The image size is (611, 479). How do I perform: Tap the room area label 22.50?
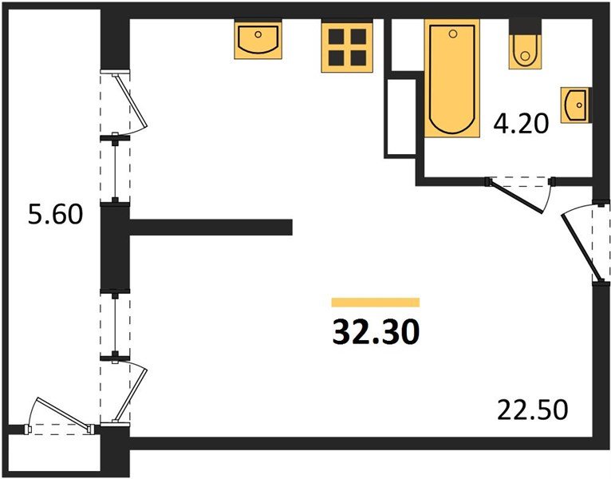pyautogui.click(x=532, y=410)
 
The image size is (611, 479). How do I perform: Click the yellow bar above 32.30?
pyautogui.click(x=375, y=303)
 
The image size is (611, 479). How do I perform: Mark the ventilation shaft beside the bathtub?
pyautogui.click(x=401, y=117)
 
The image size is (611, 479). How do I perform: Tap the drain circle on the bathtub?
pyautogui.click(x=453, y=34)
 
